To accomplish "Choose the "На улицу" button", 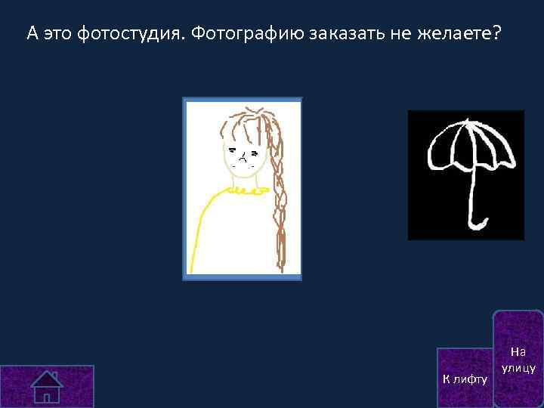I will pyautogui.click(x=518, y=360).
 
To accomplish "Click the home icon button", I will pyautogui.click(x=47, y=386).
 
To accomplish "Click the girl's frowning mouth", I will pyautogui.click(x=245, y=159).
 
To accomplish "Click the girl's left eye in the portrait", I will pyautogui.click(x=233, y=150).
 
